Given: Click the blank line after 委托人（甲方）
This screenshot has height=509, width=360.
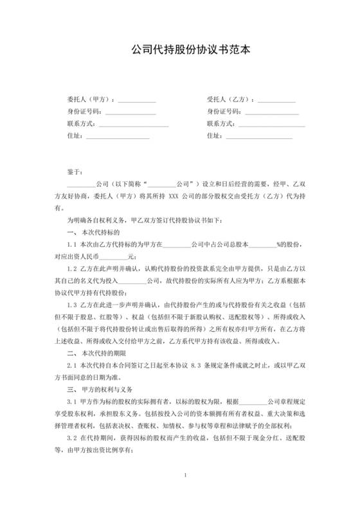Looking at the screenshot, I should point(136,101).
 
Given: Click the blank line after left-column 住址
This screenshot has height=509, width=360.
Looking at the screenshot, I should point(118,136).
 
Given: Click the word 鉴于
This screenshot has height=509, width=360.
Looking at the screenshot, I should point(74,172).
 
